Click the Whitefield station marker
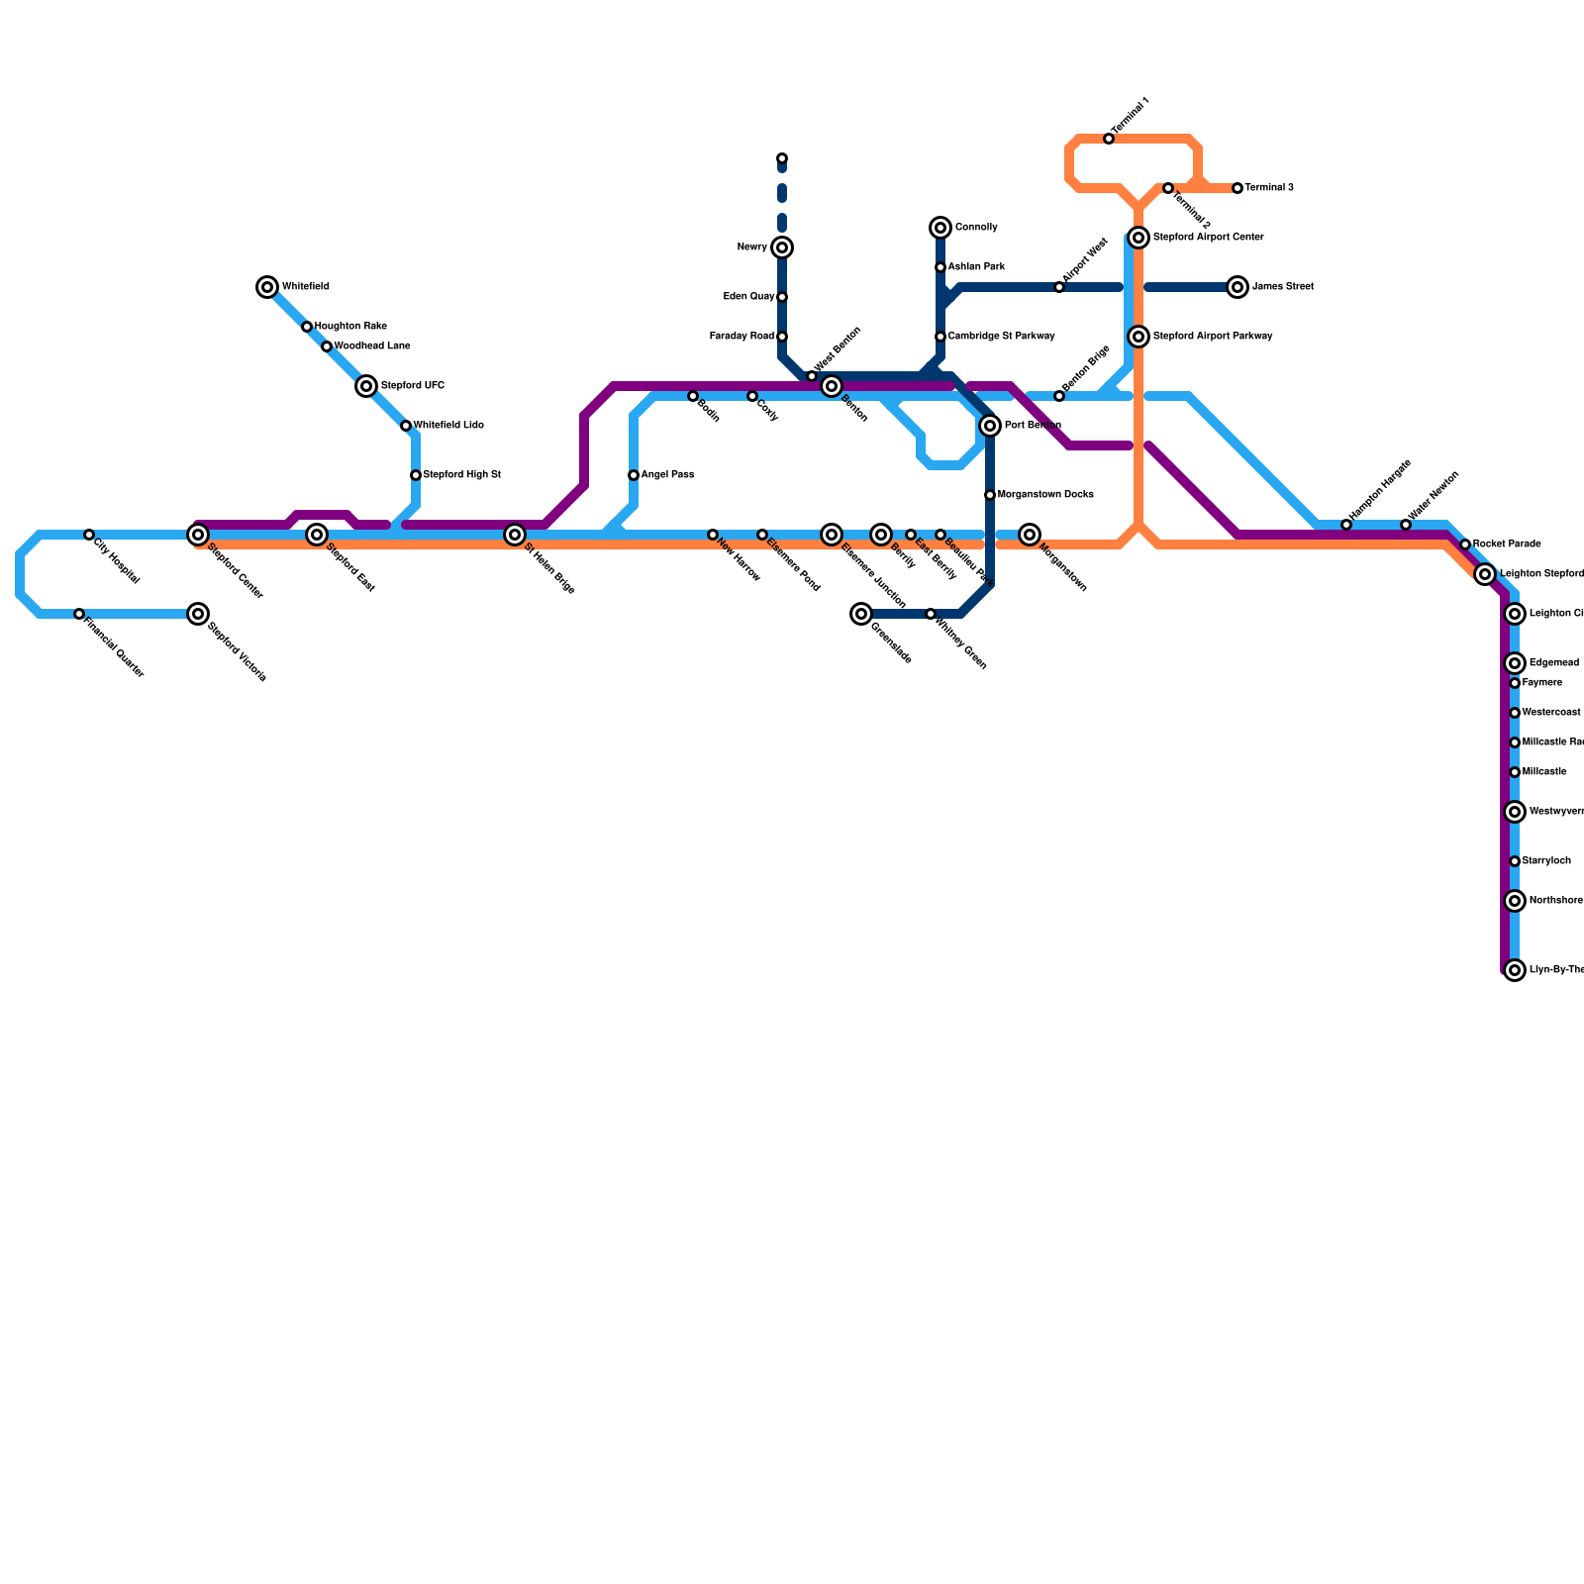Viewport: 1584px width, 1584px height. click(x=267, y=287)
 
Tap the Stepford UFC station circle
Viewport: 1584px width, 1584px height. click(x=366, y=386)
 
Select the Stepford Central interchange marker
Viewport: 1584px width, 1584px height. click(x=198, y=535)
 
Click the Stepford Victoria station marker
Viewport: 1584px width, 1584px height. click(x=198, y=614)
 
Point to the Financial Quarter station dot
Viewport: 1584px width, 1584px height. click(x=79, y=614)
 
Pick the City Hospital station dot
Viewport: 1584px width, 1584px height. click(x=89, y=535)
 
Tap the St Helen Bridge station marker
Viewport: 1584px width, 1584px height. click(x=515, y=535)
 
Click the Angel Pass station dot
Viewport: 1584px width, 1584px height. click(x=634, y=475)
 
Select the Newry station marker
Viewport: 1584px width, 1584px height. click(x=782, y=247)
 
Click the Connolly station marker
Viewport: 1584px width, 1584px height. click(x=940, y=228)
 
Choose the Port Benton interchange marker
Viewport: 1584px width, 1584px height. click(x=990, y=426)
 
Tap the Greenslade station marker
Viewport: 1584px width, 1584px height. click(x=861, y=614)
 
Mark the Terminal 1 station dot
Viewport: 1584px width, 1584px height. click(x=1109, y=139)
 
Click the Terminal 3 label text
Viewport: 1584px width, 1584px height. click(x=1269, y=188)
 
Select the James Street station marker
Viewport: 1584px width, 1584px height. click(x=1237, y=287)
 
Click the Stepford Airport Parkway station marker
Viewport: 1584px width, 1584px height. click(x=1138, y=337)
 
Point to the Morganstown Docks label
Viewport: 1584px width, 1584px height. click(x=1045, y=495)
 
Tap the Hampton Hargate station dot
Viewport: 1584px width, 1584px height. click(x=1346, y=525)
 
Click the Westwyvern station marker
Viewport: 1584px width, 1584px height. click(x=1515, y=812)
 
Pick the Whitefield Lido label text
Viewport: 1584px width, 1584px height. click(x=448, y=426)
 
